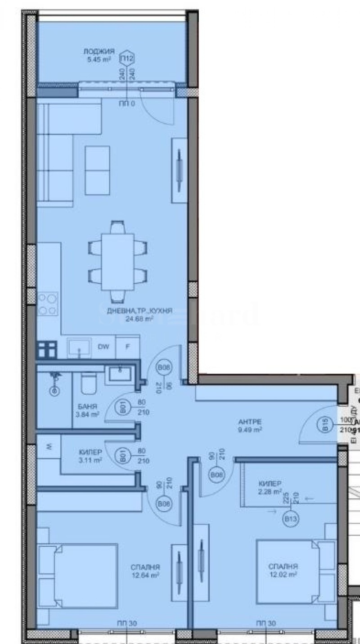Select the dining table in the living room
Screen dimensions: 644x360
coord(117,262)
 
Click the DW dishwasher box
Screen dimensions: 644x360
coord(102,347)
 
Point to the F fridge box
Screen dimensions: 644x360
coord(127,347)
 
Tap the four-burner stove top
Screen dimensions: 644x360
coord(48,304)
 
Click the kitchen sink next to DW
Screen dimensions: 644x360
coord(80,347)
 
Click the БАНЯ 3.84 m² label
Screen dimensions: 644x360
coord(88,411)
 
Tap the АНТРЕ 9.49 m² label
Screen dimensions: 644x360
coord(250,426)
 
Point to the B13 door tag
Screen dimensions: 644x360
coord(290,519)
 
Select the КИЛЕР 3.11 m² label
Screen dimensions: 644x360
coord(90,456)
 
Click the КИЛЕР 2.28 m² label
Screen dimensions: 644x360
coord(270,487)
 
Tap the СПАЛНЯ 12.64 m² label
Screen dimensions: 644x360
coord(145,571)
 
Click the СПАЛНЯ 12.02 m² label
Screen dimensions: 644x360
coord(283,571)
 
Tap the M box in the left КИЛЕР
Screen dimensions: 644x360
coord(49,447)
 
